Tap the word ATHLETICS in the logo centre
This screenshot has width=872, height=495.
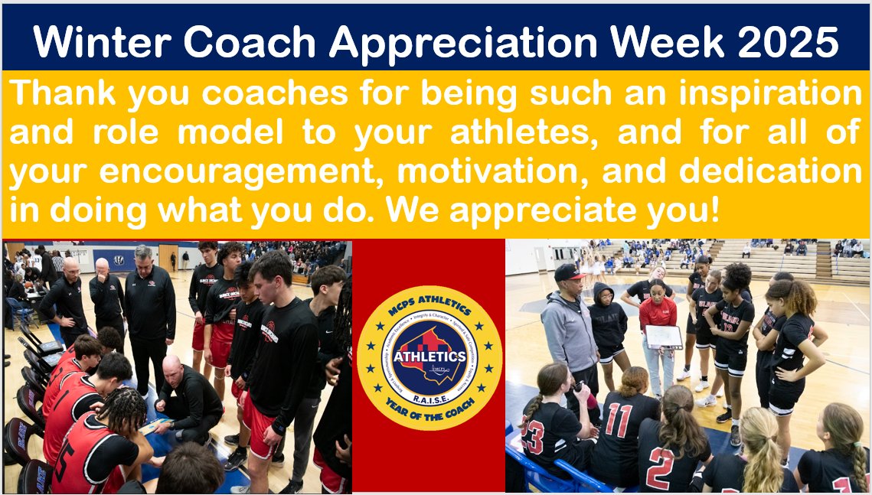coord(429,356)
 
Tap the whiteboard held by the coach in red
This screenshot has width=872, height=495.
coord(663,337)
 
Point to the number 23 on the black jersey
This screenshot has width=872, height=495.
coord(534,438)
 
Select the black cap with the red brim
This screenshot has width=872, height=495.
coord(568,272)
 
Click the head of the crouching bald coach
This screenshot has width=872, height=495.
coord(174,370)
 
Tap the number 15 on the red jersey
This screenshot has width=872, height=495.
coord(64,466)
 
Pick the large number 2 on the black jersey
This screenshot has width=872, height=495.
coord(660,468)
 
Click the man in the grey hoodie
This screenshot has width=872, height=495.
coord(570,329)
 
